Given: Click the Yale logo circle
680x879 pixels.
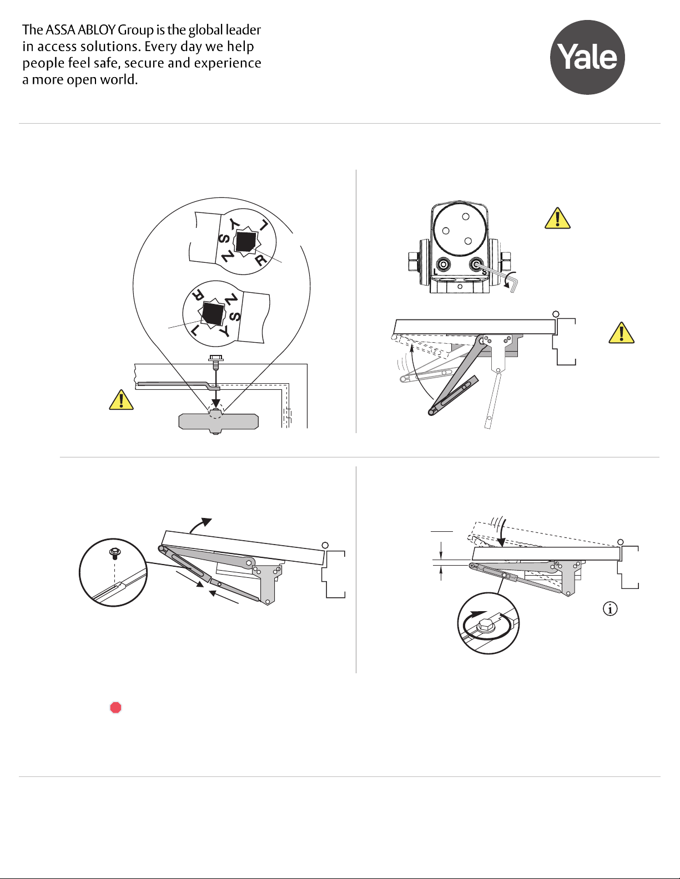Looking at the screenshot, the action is point(587,58).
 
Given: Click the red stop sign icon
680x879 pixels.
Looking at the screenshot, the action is point(116,708).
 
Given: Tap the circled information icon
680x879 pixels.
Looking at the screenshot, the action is point(610,609).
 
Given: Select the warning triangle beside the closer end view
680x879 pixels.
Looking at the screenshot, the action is point(557,219).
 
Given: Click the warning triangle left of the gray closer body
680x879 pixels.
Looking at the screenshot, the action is point(121,400).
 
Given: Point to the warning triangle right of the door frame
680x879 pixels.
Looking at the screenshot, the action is point(621,333).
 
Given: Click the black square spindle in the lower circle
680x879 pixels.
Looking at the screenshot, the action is point(213,313).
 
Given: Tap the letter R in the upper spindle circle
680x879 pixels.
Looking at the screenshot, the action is point(261,260).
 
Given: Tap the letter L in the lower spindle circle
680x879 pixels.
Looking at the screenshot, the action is point(195,331).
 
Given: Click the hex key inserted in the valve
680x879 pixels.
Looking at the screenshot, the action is point(497,275).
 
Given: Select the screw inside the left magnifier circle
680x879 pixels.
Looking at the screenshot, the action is point(115,553).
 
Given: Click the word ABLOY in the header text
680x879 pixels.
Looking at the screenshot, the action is point(97,29).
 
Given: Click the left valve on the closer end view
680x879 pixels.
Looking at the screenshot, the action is point(443,265).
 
